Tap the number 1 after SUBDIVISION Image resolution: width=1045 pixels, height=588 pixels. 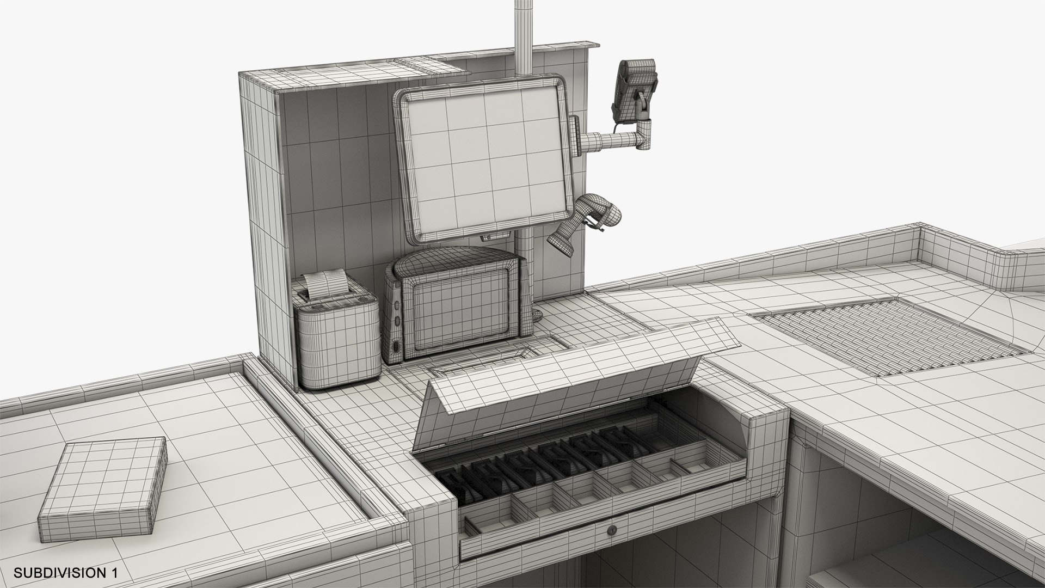tap(114, 573)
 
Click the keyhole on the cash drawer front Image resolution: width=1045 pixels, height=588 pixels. tap(611, 529)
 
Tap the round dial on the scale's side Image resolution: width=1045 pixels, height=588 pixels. tap(396, 347)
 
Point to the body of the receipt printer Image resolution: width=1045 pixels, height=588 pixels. tap(337, 343)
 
